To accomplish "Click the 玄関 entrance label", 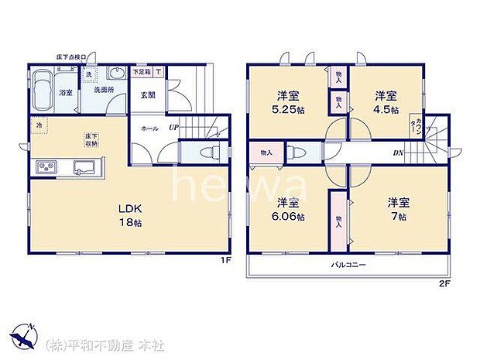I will pyautogui.click(x=148, y=96).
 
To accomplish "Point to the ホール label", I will pyautogui.click(x=149, y=129).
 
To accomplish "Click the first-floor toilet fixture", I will pyautogui.click(x=202, y=151).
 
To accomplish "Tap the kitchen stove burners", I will pyautogui.click(x=45, y=167).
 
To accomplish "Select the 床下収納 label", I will pyautogui.click(x=92, y=141).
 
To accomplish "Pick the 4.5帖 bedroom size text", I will pyautogui.click(x=387, y=111).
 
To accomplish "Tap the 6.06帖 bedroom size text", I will pyautogui.click(x=289, y=217).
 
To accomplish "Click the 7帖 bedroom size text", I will pyautogui.click(x=398, y=217).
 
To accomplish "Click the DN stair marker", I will pyautogui.click(x=398, y=153).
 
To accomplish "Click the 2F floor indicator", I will pyautogui.click(x=444, y=283).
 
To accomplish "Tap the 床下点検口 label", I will pyautogui.click(x=73, y=57).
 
